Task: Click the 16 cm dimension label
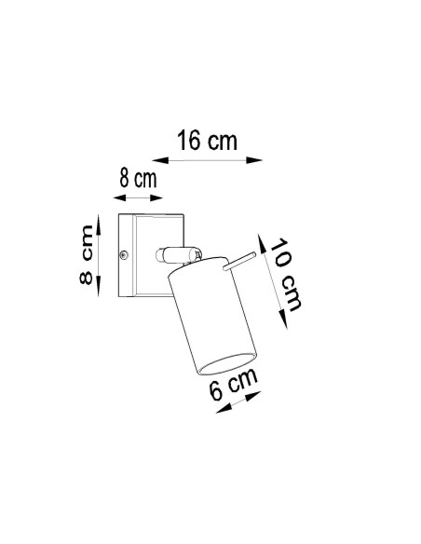coord(207,140)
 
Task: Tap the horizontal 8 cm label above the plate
coord(138,178)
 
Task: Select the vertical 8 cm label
coord(87,255)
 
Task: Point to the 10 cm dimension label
coord(285,274)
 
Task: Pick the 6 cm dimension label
coord(234,384)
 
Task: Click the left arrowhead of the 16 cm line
coord(160,160)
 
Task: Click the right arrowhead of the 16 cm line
coord(254,160)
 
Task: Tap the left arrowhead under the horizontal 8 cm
coord(119,197)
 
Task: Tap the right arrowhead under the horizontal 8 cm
coord(156,197)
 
